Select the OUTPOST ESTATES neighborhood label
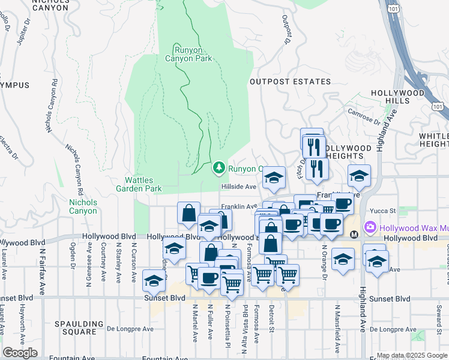(x=290, y=82)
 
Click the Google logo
(x=20, y=352)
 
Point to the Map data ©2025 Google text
(x=412, y=355)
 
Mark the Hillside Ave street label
(x=239, y=187)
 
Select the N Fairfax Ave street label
(x=42, y=264)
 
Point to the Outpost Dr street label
(x=286, y=29)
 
